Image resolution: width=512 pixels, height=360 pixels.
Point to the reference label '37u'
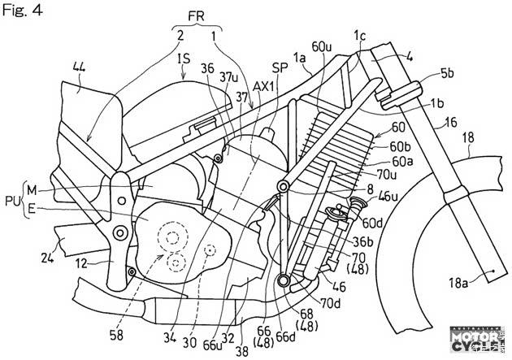[x=228, y=76]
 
